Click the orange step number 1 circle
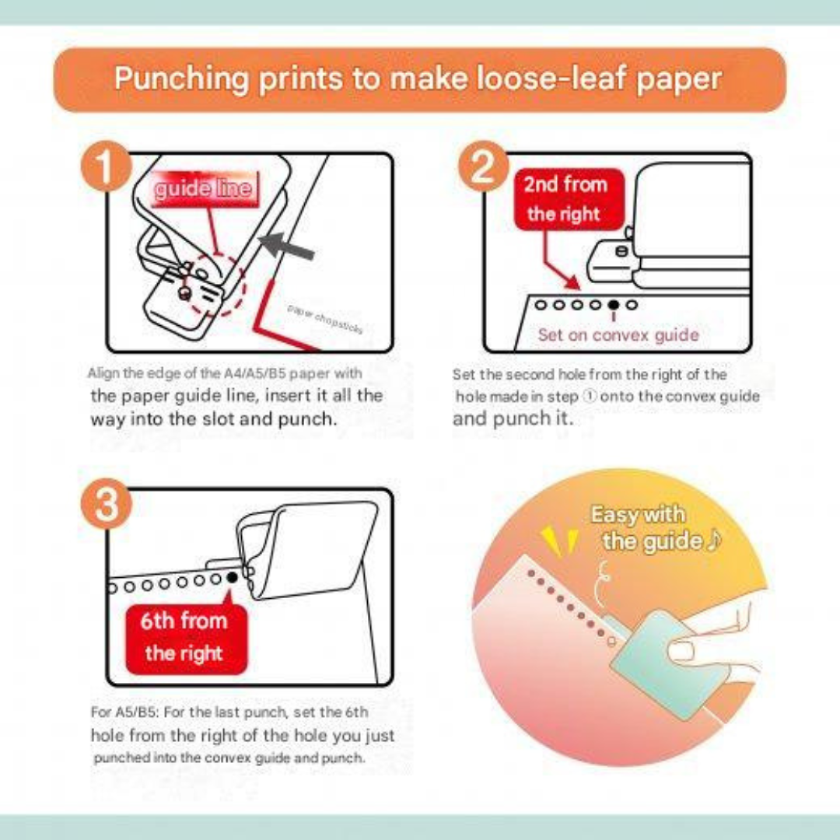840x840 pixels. (x=106, y=166)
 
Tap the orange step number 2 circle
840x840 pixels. (x=483, y=166)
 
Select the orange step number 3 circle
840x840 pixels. (x=106, y=503)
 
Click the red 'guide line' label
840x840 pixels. (x=204, y=188)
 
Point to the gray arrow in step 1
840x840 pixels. (x=286, y=247)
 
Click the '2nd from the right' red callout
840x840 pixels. (x=569, y=199)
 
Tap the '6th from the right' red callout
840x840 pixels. (x=186, y=638)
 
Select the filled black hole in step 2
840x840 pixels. (x=614, y=305)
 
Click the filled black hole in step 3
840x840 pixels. (x=233, y=577)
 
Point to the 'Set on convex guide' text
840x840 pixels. (x=618, y=334)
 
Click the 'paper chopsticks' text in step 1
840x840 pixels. (x=325, y=319)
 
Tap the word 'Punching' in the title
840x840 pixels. (x=182, y=79)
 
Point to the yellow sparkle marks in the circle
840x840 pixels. (x=559, y=542)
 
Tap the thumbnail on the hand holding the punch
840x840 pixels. (x=681, y=652)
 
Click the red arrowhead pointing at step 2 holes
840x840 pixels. (x=572, y=282)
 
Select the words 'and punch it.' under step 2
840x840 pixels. (x=513, y=418)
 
